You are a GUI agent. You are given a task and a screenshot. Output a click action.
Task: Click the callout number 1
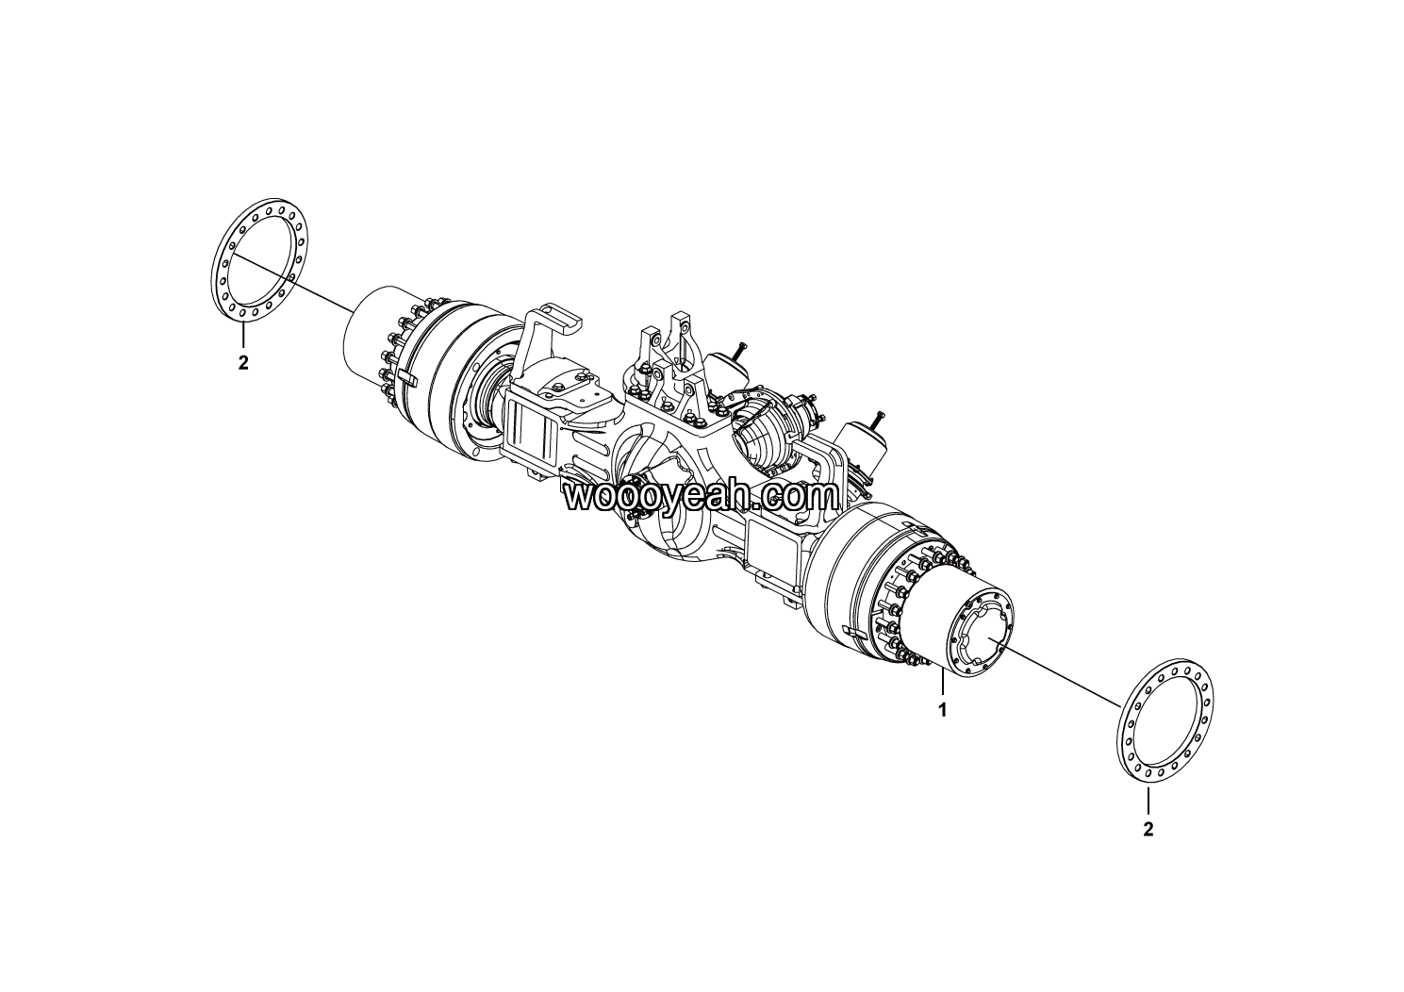[942, 710]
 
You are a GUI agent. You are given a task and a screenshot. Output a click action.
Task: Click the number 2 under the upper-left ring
[243, 362]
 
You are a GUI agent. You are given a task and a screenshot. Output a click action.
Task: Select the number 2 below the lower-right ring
[1148, 829]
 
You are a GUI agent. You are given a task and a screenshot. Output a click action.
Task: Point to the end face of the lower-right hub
[982, 634]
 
